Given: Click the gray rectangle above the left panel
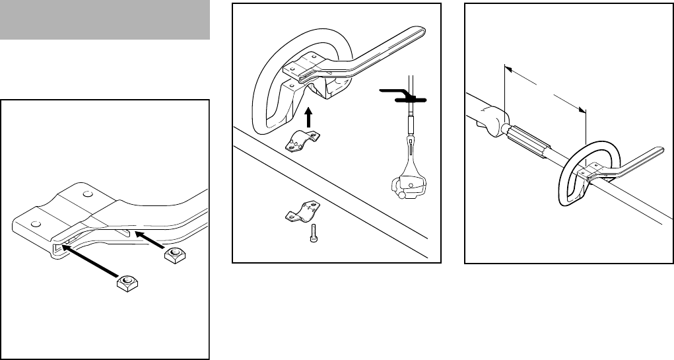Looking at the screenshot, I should pos(105,20).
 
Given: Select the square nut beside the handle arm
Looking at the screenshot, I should pos(174,256).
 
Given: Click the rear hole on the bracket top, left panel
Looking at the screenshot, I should pos(88,196).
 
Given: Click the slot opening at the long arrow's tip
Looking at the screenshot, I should pos(58,246).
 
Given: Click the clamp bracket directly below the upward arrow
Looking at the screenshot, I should pos(304,141).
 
